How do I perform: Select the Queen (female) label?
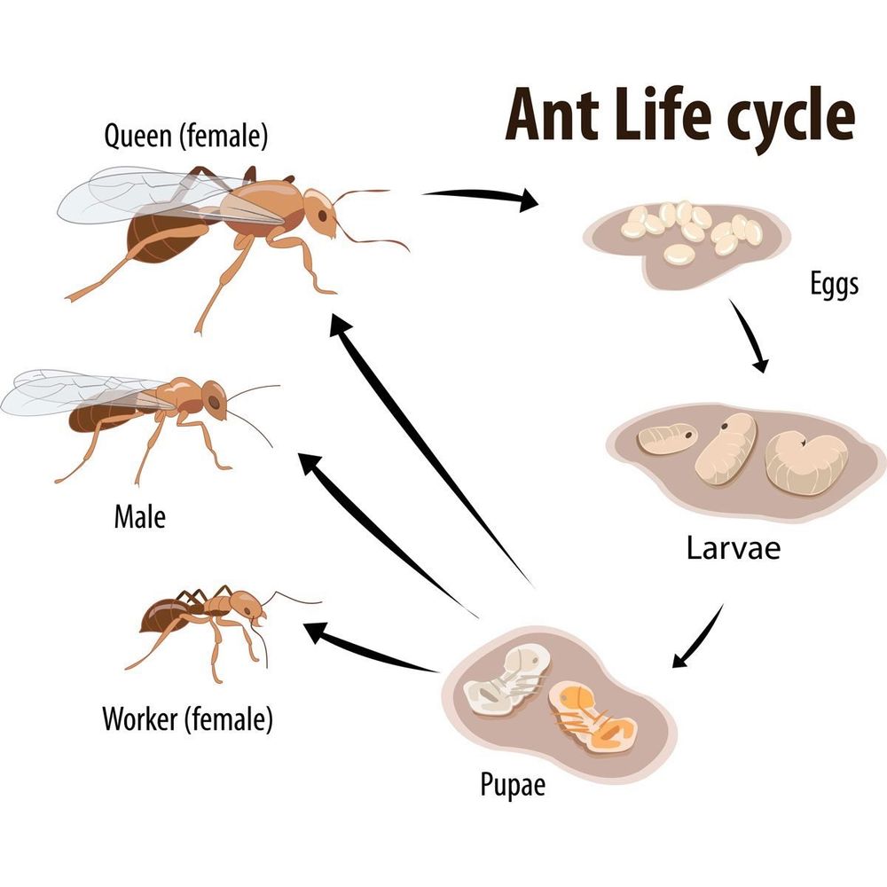click(x=185, y=137)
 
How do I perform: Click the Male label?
click(x=140, y=516)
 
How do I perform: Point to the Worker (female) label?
click(x=187, y=719)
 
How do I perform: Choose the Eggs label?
click(x=835, y=284)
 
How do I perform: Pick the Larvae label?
click(x=734, y=547)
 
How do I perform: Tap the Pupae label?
click(x=513, y=785)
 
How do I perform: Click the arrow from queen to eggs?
click(x=481, y=194)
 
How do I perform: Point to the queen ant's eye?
click(x=322, y=216)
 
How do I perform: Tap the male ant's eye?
click(x=214, y=402)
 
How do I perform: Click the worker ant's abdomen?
click(x=167, y=615)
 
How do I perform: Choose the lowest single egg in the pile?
click(x=679, y=254)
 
